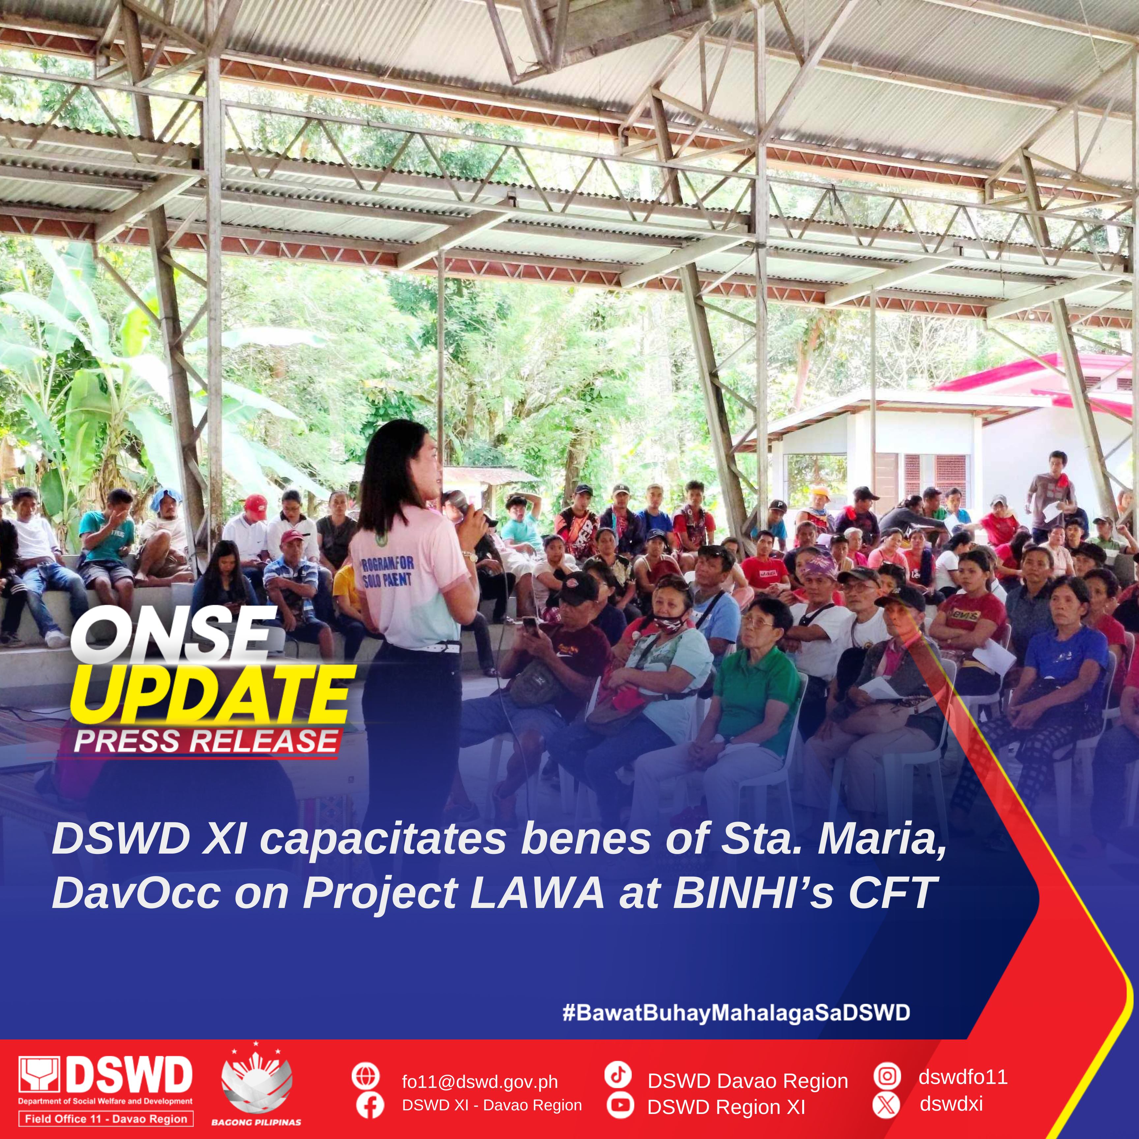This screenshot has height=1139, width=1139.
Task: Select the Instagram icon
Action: (x=887, y=1076)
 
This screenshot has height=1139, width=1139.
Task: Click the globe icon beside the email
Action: (x=365, y=1076)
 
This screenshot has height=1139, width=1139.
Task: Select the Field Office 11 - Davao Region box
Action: (x=106, y=1118)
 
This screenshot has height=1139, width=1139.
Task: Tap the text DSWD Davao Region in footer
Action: (x=747, y=1081)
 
